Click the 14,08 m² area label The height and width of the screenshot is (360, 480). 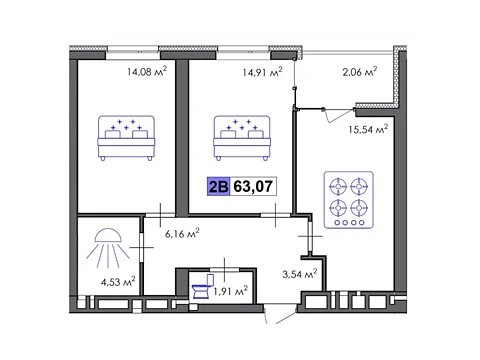147,71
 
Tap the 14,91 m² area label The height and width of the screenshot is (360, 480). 262,71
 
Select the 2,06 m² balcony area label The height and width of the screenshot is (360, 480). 360,71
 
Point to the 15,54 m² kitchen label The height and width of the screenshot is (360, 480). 368,129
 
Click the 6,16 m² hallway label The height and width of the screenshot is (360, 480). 182,233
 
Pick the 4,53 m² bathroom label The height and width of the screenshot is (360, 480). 118,281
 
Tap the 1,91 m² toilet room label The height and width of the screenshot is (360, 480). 231,291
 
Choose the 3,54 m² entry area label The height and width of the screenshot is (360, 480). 299,274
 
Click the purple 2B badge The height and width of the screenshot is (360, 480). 218,186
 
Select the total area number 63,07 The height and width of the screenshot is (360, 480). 253,186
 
